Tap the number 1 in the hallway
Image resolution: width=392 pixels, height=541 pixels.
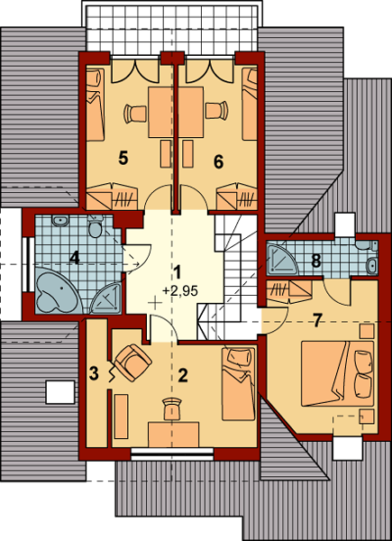point(178,271)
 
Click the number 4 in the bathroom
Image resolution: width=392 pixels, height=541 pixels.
point(75,258)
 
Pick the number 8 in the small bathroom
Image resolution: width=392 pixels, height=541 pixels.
point(315,261)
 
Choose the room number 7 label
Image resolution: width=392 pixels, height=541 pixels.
point(316,319)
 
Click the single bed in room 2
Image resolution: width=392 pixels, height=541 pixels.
point(238,384)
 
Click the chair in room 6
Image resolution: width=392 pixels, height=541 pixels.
point(215,111)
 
